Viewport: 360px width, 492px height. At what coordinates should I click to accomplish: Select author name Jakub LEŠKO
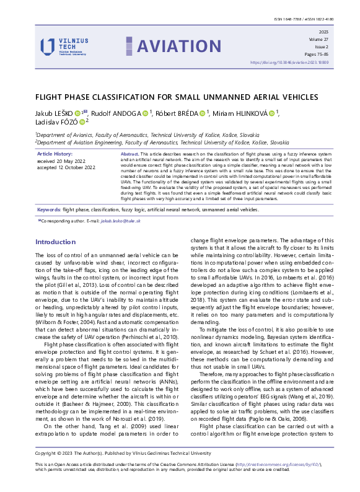53,114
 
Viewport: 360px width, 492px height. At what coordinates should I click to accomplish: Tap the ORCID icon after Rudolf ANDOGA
145,114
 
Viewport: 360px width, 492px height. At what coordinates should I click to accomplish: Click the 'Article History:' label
55,153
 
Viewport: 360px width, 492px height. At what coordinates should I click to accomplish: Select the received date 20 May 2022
65,160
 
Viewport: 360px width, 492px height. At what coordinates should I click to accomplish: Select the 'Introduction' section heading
55,242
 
